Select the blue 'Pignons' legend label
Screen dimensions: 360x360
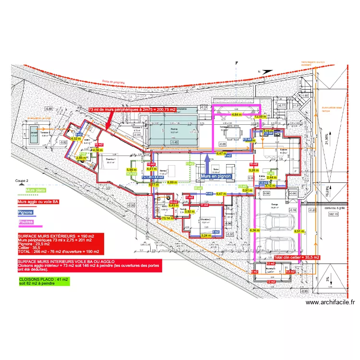[x=25, y=212]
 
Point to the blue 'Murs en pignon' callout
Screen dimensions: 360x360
[x=216, y=176]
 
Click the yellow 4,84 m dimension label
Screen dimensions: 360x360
[x=237, y=115]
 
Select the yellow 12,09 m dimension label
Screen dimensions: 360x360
[x=260, y=116]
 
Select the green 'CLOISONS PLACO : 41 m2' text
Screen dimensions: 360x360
[x=44, y=279]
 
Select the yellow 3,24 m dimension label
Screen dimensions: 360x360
[x=206, y=236]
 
